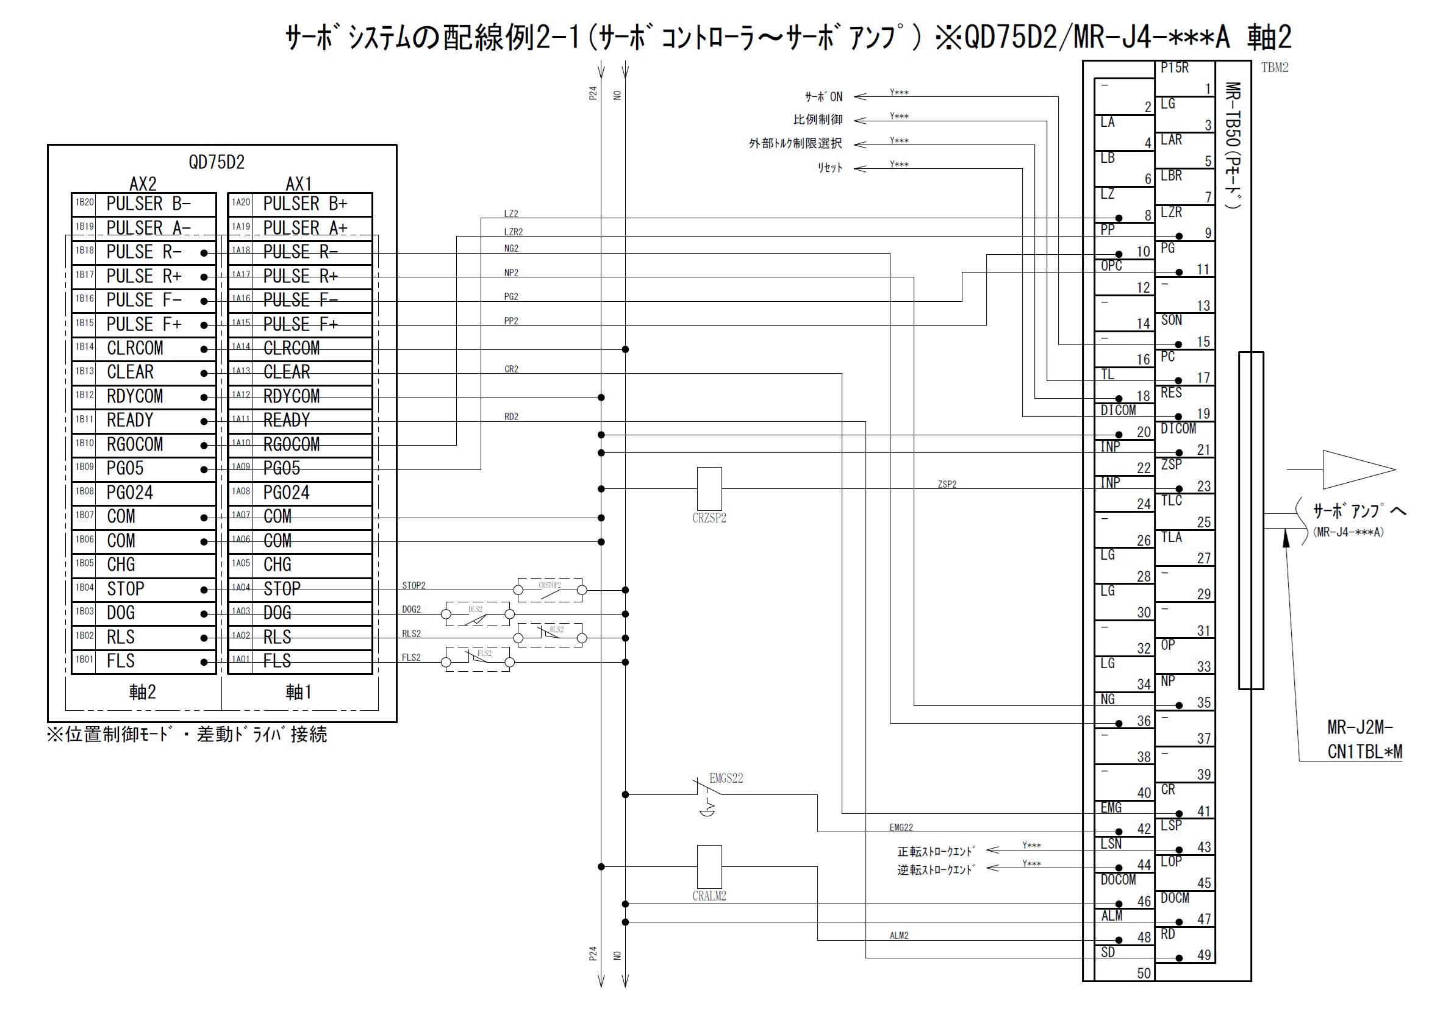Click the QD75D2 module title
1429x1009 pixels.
pyautogui.click(x=217, y=162)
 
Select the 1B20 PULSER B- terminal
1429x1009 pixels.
pyautogui.click(x=144, y=204)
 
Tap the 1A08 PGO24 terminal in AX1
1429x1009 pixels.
pyautogui.click(x=300, y=493)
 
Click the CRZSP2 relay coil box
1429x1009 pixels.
pyautogui.click(x=709, y=489)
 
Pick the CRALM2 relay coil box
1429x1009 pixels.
pyautogui.click(x=709, y=866)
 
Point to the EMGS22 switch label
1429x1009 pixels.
pyautogui.click(x=726, y=778)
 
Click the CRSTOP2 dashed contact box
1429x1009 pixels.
pyautogui.click(x=550, y=590)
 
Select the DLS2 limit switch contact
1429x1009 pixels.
pyautogui.click(x=478, y=614)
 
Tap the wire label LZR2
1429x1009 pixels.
pyautogui.click(x=514, y=232)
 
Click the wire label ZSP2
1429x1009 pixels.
pyautogui.click(x=947, y=484)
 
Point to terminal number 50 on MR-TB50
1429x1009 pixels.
pyautogui.click(x=1144, y=973)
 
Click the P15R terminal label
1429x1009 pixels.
pyautogui.click(x=1175, y=68)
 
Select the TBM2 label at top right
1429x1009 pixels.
pyautogui.click(x=1275, y=68)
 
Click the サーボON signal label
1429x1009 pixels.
pyautogui.click(x=823, y=97)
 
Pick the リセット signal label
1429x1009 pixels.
pyautogui.click(x=829, y=168)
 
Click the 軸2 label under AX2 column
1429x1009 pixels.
pyautogui.click(x=143, y=692)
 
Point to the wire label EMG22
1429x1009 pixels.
pyautogui.click(x=901, y=827)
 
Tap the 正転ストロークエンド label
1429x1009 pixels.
pyautogui.click(x=936, y=851)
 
